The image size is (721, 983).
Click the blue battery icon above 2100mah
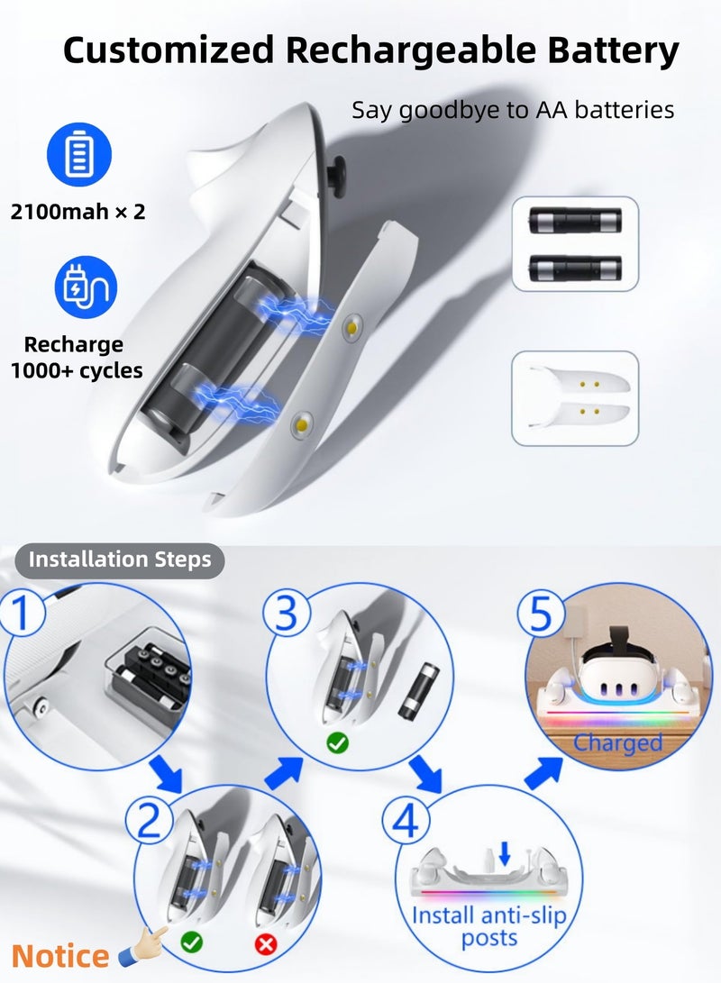79,154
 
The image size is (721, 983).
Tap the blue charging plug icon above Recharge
86,287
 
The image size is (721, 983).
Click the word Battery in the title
613,50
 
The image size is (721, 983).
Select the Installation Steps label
120,560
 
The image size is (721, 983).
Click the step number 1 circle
22,613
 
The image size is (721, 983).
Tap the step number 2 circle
150,819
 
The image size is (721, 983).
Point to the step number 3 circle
286,613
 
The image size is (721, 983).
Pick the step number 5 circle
541,613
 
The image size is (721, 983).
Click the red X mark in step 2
266,942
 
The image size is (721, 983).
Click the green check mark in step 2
191,942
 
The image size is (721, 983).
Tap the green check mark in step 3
337,743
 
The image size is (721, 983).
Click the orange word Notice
60,956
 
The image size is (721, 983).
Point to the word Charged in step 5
617,743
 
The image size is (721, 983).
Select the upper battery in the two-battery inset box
575,221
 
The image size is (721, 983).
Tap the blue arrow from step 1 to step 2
166,774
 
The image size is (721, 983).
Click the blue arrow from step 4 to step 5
543,773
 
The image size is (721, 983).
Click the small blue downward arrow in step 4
504,853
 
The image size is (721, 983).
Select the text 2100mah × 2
78,212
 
